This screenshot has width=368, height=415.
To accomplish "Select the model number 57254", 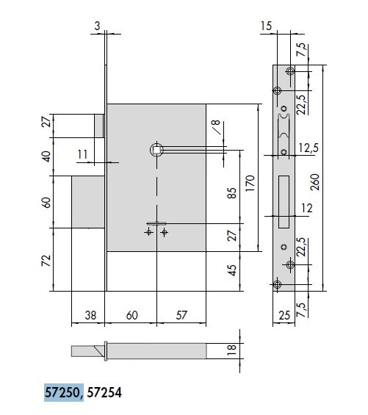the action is pyautogui.click(x=104, y=392).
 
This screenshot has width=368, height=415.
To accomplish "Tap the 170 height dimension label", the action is pyautogui.click(x=250, y=183).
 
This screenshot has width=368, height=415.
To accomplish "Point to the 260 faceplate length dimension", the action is pyautogui.click(x=315, y=182).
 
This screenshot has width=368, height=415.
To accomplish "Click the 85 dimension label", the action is pyautogui.click(x=232, y=193).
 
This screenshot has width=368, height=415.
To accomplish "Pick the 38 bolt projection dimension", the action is pyautogui.click(x=90, y=316).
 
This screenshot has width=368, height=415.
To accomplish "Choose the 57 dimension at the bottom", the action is pyautogui.click(x=181, y=315).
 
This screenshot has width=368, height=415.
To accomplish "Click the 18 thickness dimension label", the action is pyautogui.click(x=232, y=350).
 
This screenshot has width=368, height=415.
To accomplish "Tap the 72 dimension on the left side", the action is pyautogui.click(x=46, y=261).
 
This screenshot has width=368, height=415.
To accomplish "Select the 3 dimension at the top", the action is pyautogui.click(x=98, y=26).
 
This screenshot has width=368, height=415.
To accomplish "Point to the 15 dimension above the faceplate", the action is pyautogui.click(x=266, y=26).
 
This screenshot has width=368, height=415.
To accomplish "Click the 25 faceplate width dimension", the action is pyautogui.click(x=284, y=316).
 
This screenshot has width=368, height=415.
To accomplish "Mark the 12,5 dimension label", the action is pyautogui.click(x=309, y=148).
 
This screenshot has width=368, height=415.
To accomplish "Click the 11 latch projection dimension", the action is pyautogui.click(x=82, y=154).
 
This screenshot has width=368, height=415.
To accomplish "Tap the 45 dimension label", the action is pyautogui.click(x=232, y=270).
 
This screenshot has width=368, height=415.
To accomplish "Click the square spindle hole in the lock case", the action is pyautogui.click(x=156, y=150).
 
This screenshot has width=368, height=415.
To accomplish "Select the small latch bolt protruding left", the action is pyautogui.click(x=99, y=126).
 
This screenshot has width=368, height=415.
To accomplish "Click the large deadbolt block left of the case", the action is pyautogui.click(x=88, y=202).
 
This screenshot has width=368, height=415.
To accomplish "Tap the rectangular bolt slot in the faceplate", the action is pyautogui.click(x=284, y=201).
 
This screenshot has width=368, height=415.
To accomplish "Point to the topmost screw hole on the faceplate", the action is pyautogui.click(x=290, y=71).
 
